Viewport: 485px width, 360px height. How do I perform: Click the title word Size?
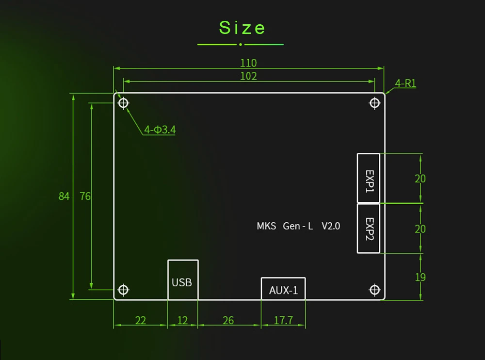coord(242,28)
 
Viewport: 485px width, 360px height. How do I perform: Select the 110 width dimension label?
coord(248,63)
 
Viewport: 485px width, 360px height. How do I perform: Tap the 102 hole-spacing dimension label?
coord(248,76)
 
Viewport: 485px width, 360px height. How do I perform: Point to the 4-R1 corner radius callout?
coord(405,83)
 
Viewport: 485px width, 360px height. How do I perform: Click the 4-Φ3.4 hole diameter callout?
coord(160,130)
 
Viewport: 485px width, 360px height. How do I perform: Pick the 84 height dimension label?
coord(64,196)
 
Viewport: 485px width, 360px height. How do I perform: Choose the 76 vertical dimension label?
coord(85,196)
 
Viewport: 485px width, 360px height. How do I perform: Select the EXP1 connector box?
coord(369,178)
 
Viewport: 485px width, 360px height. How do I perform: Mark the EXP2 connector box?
coord(369,228)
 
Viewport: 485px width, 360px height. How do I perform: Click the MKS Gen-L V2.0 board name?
coord(298,226)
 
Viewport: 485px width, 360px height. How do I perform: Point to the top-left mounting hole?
coord(124,103)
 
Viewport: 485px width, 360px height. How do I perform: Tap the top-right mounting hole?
coord(374,103)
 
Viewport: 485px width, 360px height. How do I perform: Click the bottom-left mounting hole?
coord(124,290)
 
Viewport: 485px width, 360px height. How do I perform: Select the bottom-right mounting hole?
coord(374,290)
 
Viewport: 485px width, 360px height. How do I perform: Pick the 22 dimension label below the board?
coord(140,320)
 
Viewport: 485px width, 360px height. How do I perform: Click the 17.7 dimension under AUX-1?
coord(283,320)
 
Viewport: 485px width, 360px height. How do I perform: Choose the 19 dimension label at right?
coord(420,277)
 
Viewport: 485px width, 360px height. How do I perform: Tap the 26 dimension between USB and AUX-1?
coord(228,320)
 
